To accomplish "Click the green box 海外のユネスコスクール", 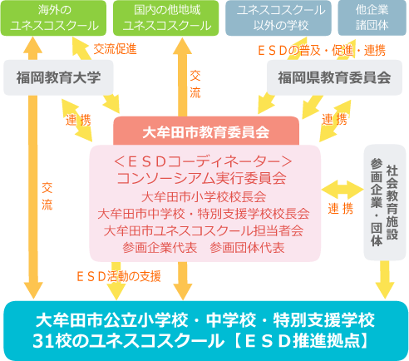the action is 53,18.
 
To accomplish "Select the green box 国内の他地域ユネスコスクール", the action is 166,18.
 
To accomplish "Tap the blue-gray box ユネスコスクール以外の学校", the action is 278,18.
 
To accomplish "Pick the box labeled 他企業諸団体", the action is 372,18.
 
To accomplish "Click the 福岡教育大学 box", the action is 58,77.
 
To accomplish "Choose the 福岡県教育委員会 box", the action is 334,77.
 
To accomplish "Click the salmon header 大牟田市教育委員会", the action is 206,131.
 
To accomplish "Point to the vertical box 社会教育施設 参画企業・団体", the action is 385,202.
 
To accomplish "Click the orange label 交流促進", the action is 115,49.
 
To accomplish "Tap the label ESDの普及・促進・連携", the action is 322,51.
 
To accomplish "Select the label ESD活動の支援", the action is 119,276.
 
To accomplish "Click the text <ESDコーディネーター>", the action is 203,161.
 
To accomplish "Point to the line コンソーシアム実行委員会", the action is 201,178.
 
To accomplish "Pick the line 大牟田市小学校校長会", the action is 204,197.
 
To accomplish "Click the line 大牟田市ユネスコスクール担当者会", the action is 204,230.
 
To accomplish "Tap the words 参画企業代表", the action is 160,248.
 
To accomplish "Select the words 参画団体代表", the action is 247,248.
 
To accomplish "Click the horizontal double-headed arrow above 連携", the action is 342,190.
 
